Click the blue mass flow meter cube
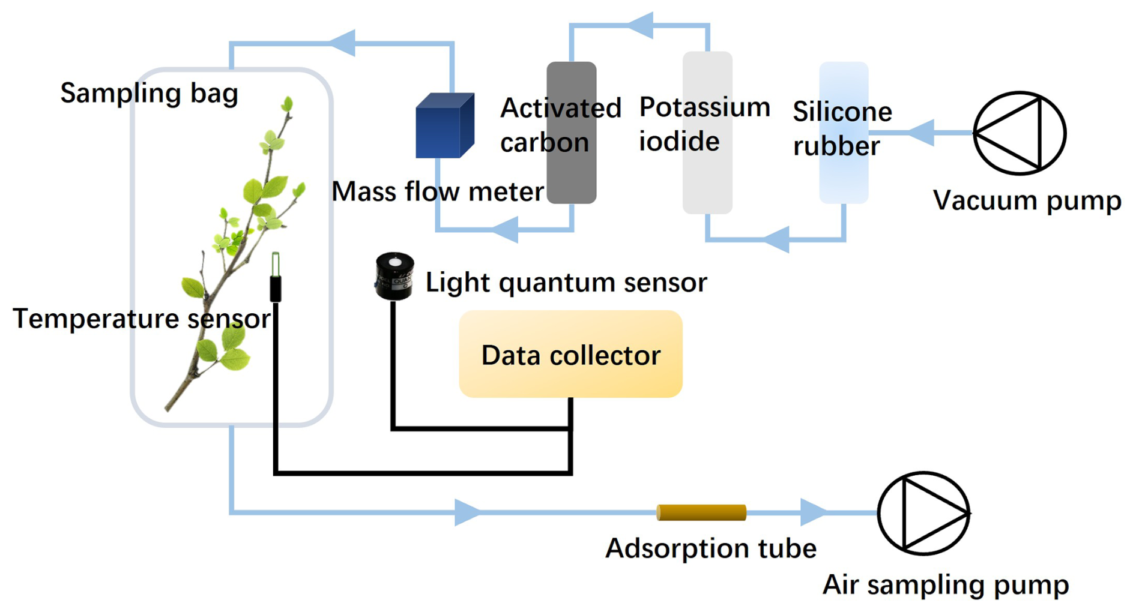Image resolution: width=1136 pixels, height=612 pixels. tap(444, 127)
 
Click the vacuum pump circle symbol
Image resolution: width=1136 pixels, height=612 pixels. tap(1019, 133)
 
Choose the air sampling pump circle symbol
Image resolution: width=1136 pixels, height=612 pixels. tap(923, 513)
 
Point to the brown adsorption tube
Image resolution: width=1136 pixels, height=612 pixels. tap(701, 512)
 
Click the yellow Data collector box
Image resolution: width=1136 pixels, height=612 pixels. tap(570, 354)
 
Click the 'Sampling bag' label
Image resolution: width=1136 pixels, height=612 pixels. tap(149, 93)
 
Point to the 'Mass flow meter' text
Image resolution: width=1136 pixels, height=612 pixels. tap(438, 192)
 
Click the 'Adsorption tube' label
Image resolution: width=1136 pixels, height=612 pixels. tap(711, 548)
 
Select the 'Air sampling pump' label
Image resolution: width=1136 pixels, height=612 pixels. tap(946, 584)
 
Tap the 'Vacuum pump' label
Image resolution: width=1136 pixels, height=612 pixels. tap(1027, 200)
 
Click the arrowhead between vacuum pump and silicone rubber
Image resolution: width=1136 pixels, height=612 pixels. tap(922, 133)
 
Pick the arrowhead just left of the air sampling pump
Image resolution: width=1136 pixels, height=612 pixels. tap(814, 512)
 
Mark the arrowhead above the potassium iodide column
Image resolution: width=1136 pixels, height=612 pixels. tap(641, 25)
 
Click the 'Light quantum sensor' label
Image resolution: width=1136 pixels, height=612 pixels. tap(566, 283)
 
